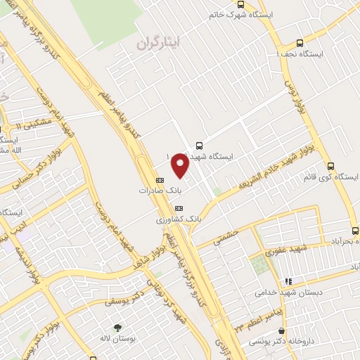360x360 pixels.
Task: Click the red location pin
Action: (x=180, y=165)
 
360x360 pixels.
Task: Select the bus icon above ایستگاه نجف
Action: (x=300, y=42)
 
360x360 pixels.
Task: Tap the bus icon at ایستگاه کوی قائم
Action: (x=331, y=167)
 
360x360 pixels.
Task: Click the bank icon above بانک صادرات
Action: (x=159, y=179)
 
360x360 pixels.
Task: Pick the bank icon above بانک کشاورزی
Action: (x=178, y=208)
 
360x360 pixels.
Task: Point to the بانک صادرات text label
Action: (x=155, y=190)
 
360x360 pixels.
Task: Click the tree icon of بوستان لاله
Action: (x=117, y=328)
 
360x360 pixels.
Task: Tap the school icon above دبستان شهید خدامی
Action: (x=288, y=281)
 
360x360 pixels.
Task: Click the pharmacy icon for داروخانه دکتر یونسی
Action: (x=281, y=331)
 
